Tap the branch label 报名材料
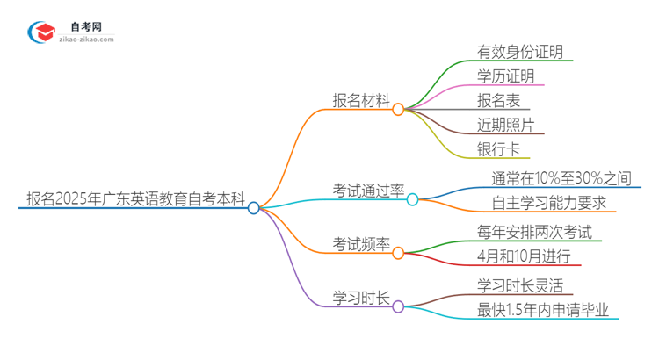360,100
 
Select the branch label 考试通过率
368,190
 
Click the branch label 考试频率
360,244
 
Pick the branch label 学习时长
360,298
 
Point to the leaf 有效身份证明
520,51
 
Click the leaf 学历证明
505,76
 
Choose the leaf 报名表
498,101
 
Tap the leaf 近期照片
505,126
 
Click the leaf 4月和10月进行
524,256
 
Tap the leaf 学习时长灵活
519,285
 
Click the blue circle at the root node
254,208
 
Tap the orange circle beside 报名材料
398,110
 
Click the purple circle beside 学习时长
398,306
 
